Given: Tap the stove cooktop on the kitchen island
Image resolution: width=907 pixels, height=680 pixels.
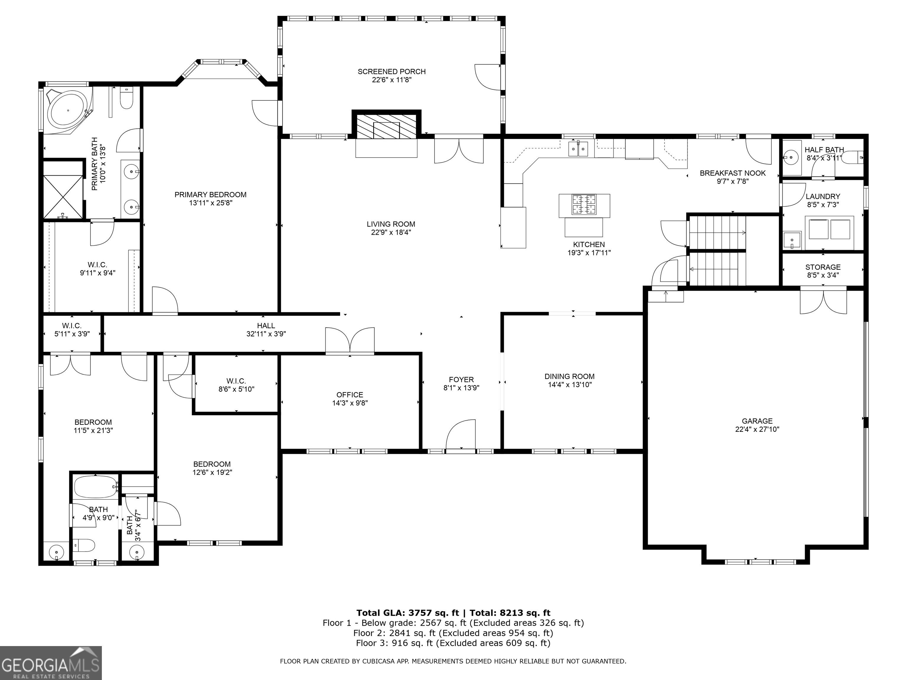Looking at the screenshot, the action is (x=584, y=205).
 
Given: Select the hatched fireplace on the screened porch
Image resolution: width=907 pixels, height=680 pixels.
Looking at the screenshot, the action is (x=386, y=126).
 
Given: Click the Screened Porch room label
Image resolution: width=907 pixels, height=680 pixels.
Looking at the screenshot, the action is (x=391, y=72).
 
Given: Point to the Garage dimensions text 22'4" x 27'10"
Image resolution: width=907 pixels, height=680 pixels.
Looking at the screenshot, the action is (x=757, y=429).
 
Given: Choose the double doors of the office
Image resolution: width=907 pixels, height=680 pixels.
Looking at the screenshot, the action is (x=350, y=341).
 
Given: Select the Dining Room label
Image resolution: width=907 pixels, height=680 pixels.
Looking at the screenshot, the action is (x=570, y=376).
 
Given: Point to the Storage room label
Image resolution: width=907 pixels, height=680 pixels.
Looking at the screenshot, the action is (x=823, y=267).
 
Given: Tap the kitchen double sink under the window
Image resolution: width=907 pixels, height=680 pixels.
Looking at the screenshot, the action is (x=578, y=148).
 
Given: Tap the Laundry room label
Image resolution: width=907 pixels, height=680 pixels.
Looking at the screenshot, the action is (x=823, y=196).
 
